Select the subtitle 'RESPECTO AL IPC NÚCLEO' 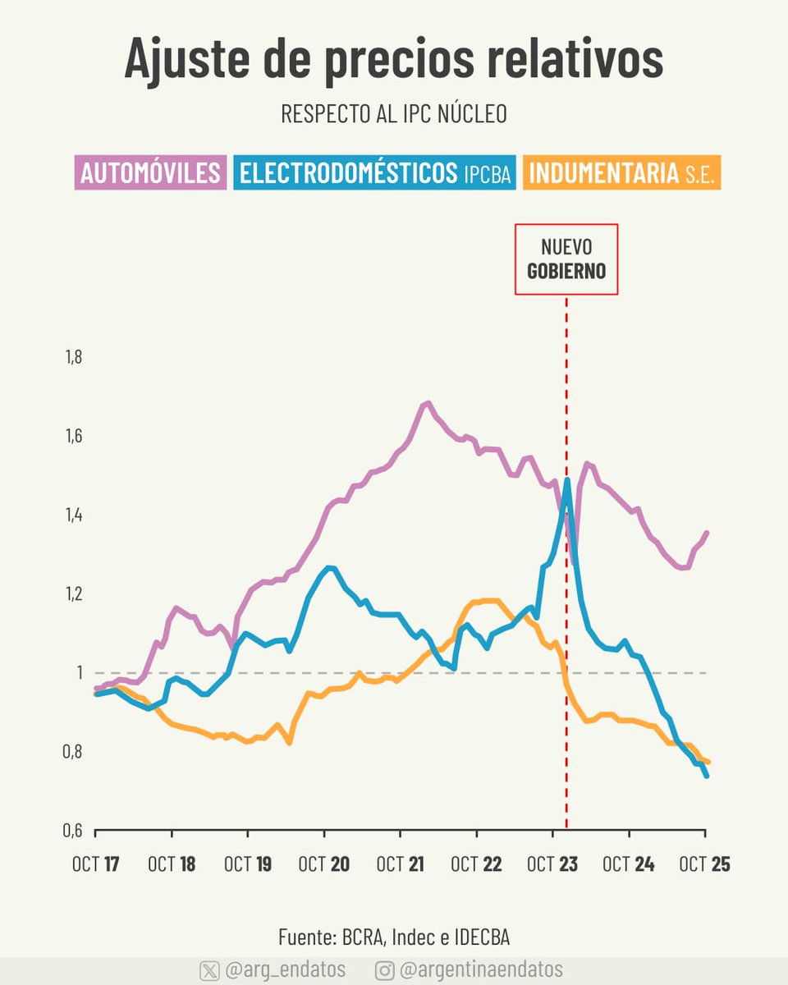[393, 114]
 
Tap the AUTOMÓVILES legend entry [150, 173]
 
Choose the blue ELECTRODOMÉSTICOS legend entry [375, 173]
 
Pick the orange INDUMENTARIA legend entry [621, 173]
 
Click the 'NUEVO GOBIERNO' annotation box [566, 259]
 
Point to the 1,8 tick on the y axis [74, 357]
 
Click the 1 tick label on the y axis [80, 673]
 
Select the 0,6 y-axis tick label [74, 831]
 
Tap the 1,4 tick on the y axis [74, 515]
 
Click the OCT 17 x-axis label [96, 864]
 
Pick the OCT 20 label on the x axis [324, 864]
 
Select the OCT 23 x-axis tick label [552, 864]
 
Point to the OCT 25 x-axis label [704, 864]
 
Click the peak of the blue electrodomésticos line [567, 479]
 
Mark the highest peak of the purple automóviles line [427, 403]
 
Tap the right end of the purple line [707, 533]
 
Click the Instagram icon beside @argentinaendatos [384, 970]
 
